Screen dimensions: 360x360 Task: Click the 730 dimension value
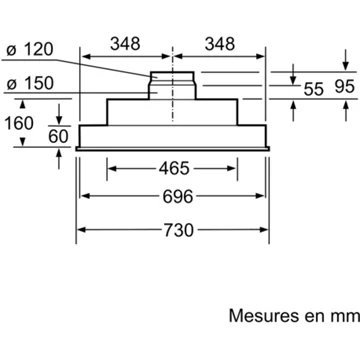pos(178,230)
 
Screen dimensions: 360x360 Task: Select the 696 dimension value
pos(178,196)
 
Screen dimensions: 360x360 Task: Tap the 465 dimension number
pos(174,168)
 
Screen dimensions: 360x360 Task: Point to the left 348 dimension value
pos(125,44)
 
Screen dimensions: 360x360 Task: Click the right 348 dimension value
pos(220,44)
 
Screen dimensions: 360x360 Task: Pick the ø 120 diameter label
pos(30,50)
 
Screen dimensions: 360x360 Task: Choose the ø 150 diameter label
pos(30,83)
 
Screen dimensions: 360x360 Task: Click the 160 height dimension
pos(19,123)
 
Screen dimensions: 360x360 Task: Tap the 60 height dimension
pos(58,136)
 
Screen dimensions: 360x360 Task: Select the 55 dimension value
pos(314,89)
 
